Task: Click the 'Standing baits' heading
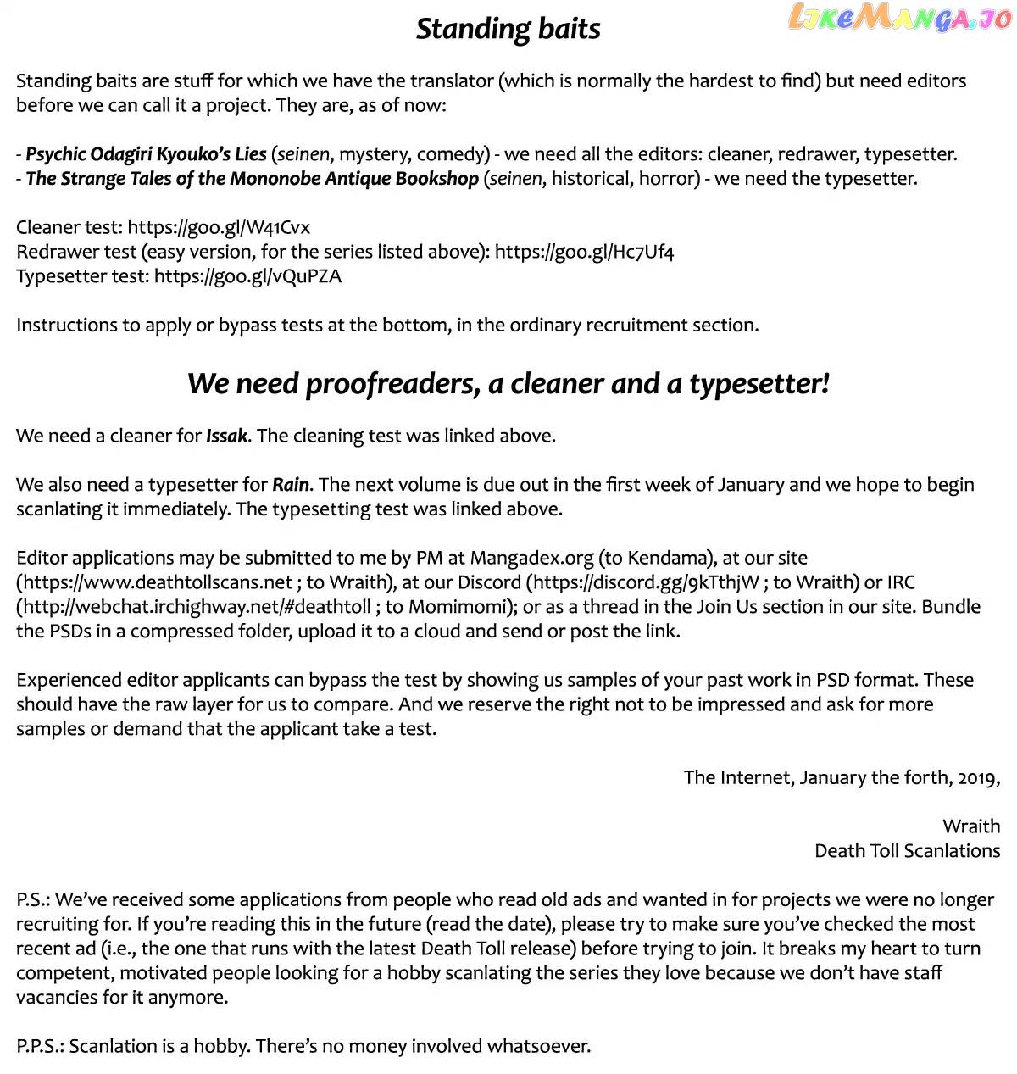click(x=508, y=29)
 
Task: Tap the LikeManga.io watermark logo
click(x=900, y=18)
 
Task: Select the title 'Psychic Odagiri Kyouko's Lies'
click(x=146, y=154)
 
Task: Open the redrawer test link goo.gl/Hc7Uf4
click(x=584, y=252)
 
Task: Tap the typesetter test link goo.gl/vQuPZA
click(x=247, y=276)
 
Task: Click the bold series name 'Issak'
click(x=226, y=436)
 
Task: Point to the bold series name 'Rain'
click(x=290, y=485)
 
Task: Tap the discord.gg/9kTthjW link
click(x=647, y=582)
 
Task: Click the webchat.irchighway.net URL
click(x=197, y=607)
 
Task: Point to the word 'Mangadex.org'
click(x=531, y=558)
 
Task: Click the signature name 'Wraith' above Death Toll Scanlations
click(x=971, y=826)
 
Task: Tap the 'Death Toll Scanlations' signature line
click(x=907, y=851)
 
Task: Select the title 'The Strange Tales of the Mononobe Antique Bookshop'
click(x=252, y=179)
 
